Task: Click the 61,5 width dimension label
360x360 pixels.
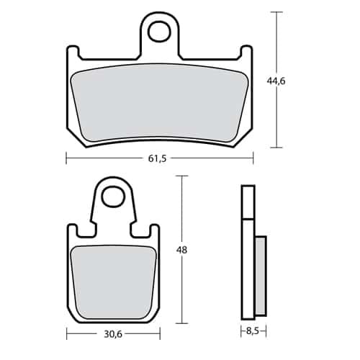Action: point(157,158)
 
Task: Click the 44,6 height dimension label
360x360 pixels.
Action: point(276,81)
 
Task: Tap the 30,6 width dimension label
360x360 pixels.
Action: point(113,334)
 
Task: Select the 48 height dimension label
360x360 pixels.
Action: point(181,251)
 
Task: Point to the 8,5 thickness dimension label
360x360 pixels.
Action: point(253,331)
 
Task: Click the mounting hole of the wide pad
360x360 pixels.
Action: point(159,32)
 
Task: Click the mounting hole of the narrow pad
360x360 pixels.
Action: point(114,197)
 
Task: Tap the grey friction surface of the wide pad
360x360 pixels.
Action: point(160,103)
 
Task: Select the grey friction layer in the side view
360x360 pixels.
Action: point(261,276)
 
